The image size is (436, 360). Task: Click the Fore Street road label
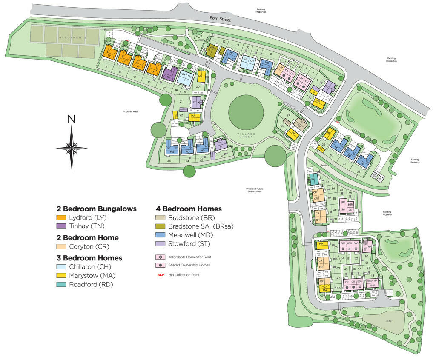tap(220, 19)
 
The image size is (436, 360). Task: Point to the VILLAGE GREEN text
tap(247, 135)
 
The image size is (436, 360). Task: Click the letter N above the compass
tap(72, 120)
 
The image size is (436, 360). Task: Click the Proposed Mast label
tap(131, 112)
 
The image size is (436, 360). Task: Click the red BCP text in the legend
tap(161, 275)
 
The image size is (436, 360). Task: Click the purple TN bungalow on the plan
tap(169, 75)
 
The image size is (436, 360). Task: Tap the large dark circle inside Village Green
tap(246, 111)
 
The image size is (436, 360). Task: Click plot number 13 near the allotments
tap(105, 67)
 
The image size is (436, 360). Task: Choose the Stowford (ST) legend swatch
tap(161, 244)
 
